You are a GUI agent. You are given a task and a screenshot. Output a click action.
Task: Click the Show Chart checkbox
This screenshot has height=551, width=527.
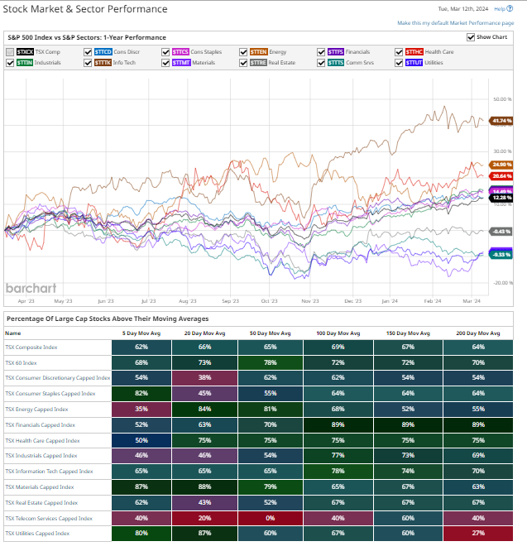tap(471, 37)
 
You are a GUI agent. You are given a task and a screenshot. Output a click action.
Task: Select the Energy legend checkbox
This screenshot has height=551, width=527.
tap(244, 51)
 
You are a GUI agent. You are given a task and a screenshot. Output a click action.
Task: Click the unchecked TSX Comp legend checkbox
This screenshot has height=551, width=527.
tap(10, 51)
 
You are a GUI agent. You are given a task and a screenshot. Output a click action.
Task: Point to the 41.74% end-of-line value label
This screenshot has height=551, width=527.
tap(501, 121)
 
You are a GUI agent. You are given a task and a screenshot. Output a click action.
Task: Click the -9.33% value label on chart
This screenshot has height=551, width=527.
tap(501, 255)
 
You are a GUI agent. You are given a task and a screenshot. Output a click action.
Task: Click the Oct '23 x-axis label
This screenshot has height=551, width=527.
tap(270, 302)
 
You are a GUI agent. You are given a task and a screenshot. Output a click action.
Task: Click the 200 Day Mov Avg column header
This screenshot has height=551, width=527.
tap(478, 333)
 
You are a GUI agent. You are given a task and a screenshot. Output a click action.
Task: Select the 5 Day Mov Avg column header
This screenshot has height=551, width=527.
tap(141, 333)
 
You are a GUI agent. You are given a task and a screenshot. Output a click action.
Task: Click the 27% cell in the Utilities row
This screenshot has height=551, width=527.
tap(478, 534)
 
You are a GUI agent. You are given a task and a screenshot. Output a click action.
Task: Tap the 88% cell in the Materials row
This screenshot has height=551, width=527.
tap(205, 486)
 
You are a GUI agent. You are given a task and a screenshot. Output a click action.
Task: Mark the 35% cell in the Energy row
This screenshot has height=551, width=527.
tap(141, 409)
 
